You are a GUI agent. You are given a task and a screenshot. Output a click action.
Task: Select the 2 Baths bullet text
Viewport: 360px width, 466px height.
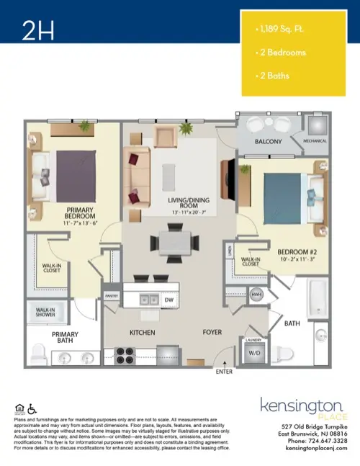point(274,76)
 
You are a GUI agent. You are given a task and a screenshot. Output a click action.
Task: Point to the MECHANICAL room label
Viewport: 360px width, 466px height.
point(315,142)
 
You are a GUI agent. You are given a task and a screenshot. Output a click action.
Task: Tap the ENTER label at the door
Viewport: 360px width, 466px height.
point(224,372)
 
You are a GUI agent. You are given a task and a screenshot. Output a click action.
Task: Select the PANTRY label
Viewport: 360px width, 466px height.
point(111,295)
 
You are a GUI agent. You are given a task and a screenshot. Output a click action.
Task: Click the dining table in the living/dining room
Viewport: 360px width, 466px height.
point(173,241)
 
